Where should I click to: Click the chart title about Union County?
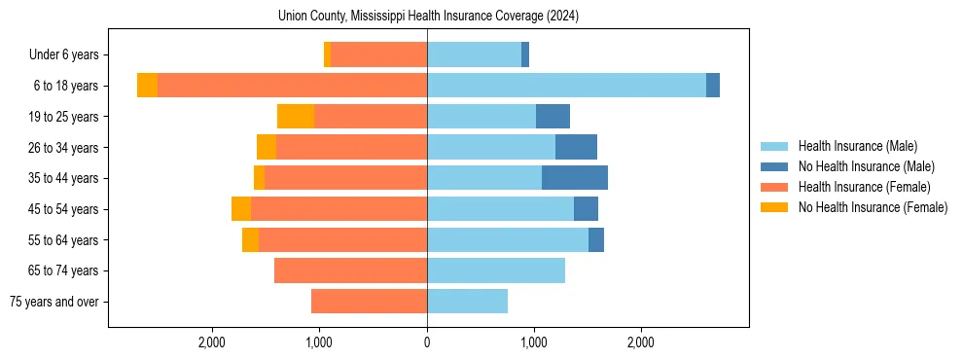[428, 16]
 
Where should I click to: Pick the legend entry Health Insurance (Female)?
[864, 187]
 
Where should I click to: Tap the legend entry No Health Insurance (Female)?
[873, 207]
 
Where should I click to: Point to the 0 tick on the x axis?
[427, 343]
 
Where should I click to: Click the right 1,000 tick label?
[533, 343]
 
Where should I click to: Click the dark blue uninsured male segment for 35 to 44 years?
[575, 178]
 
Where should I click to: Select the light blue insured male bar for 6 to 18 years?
[566, 86]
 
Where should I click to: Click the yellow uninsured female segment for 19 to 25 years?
[296, 117]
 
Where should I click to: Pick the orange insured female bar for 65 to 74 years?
[350, 270]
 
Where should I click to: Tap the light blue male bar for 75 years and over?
[467, 302]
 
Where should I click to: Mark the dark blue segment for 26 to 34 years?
[576, 147]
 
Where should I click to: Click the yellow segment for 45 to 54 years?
[241, 209]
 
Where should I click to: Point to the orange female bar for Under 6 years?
[378, 55]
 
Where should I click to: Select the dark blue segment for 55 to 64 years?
[596, 239]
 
